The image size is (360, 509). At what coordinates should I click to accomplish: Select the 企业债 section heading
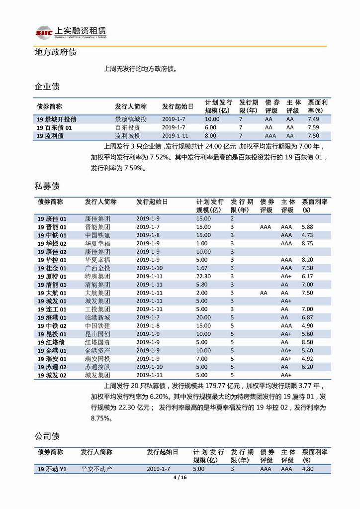(x=47, y=87)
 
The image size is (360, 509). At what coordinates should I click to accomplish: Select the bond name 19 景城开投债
(x=57, y=119)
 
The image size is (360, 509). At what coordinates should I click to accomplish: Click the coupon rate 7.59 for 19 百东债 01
(x=313, y=127)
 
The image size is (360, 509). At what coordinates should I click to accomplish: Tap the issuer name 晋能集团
(x=97, y=227)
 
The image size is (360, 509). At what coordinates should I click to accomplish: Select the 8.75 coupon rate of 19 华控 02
(x=313, y=243)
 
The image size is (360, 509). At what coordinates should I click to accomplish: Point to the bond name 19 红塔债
(x=52, y=342)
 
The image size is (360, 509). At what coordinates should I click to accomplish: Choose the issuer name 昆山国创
(x=97, y=334)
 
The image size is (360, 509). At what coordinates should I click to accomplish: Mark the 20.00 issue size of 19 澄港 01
(x=203, y=317)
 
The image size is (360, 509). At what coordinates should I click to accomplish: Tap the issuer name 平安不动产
(x=96, y=469)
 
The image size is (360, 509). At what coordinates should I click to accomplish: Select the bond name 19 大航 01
(x=52, y=293)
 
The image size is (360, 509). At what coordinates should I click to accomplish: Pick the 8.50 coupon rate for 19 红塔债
(x=313, y=342)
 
